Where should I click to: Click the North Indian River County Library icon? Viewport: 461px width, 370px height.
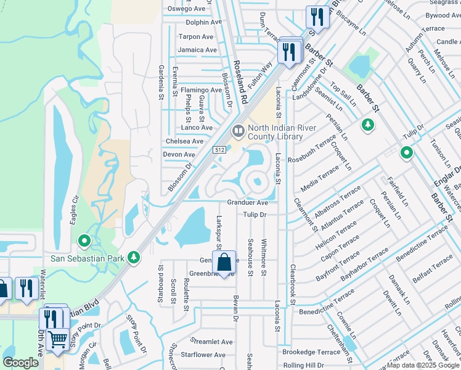click(237, 131)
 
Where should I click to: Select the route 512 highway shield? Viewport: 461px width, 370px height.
click(219, 150)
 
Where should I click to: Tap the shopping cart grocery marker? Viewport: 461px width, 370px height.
click(57, 339)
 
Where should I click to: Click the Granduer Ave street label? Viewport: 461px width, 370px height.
click(247, 202)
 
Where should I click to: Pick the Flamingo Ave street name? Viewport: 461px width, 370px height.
click(201, 89)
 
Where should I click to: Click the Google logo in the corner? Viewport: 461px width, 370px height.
click(20, 363)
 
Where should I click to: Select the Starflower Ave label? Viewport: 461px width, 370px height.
click(209, 355)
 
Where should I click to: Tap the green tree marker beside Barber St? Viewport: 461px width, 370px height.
click(368, 125)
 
